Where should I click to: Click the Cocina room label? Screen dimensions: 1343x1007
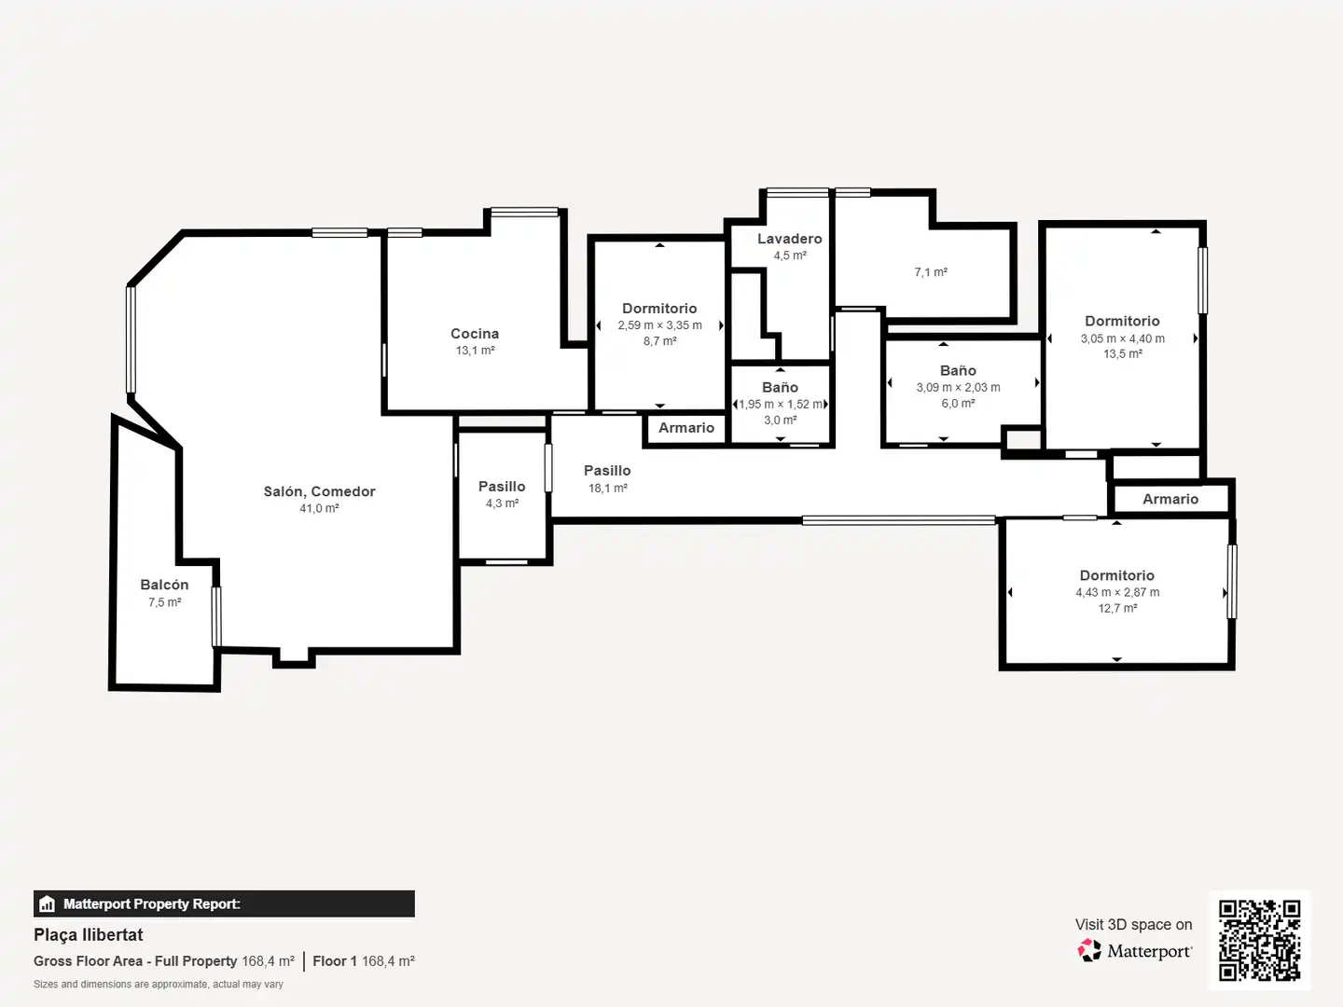(475, 334)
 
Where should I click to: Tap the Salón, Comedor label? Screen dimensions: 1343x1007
(319, 491)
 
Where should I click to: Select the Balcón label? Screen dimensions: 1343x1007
(164, 586)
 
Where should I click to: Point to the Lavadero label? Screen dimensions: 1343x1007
(790, 239)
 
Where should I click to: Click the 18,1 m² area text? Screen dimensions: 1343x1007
(607, 489)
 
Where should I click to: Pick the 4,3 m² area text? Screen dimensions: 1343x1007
(503, 504)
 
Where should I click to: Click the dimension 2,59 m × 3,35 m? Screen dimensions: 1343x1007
(659, 325)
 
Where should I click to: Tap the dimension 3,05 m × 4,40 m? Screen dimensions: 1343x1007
(1123, 338)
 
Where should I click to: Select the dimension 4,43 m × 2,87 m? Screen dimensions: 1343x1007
(1118, 592)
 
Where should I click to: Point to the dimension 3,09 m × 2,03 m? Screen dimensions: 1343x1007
(958, 388)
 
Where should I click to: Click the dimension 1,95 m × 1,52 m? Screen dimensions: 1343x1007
(780, 405)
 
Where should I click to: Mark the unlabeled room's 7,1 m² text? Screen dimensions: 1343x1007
(931, 272)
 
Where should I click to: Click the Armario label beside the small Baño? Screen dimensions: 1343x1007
(686, 428)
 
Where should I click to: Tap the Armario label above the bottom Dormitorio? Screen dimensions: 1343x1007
(1170, 500)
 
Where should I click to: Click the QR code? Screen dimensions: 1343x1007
(1260, 941)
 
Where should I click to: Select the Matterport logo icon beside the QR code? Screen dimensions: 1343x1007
(1089, 951)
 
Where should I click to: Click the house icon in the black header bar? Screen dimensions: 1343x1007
(48, 904)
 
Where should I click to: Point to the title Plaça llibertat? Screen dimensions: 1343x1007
(88, 935)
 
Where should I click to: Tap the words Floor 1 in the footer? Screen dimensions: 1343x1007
(335, 961)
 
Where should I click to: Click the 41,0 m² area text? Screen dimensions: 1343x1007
(319, 509)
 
